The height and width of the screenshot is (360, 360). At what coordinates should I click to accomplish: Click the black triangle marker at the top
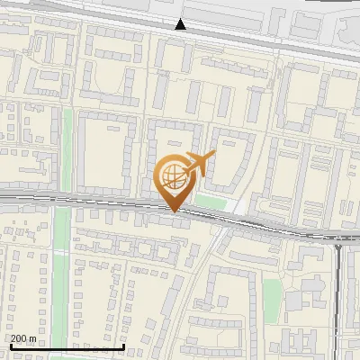pyautogui.click(x=181, y=25)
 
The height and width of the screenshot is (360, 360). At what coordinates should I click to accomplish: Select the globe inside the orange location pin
pyautogui.click(x=174, y=176)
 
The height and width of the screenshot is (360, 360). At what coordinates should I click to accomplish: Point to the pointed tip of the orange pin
pyautogui.click(x=174, y=211)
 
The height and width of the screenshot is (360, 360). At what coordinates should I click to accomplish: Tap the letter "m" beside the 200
pyautogui.click(x=32, y=338)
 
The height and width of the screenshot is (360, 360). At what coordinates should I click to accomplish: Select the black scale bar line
pyautogui.click(x=67, y=346)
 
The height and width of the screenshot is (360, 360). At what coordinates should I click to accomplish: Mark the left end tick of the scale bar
pyautogui.click(x=12, y=346)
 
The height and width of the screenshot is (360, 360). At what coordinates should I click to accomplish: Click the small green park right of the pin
pyautogui.click(x=211, y=202)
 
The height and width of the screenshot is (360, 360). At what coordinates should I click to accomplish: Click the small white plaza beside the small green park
pyautogui.click(x=235, y=206)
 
